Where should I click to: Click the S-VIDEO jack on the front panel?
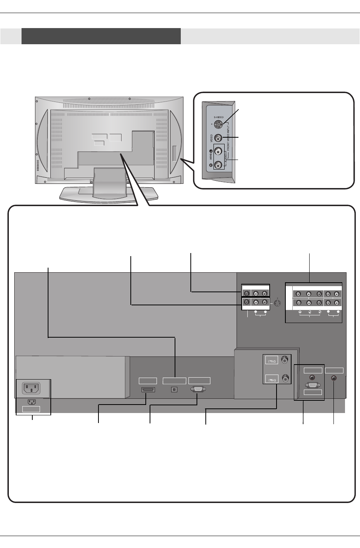click(218, 125)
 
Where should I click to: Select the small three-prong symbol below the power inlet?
click(32, 402)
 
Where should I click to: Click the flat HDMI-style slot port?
click(148, 390)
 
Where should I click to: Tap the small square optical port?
click(175, 389)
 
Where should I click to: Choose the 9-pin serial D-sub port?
click(198, 389)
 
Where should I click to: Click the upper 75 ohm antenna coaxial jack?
click(285, 360)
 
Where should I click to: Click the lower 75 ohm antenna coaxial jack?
click(285, 378)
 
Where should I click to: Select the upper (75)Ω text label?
click(272, 361)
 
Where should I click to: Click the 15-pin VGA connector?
click(313, 385)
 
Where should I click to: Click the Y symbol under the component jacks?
click(300, 312)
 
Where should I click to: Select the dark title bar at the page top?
click(101, 36)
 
